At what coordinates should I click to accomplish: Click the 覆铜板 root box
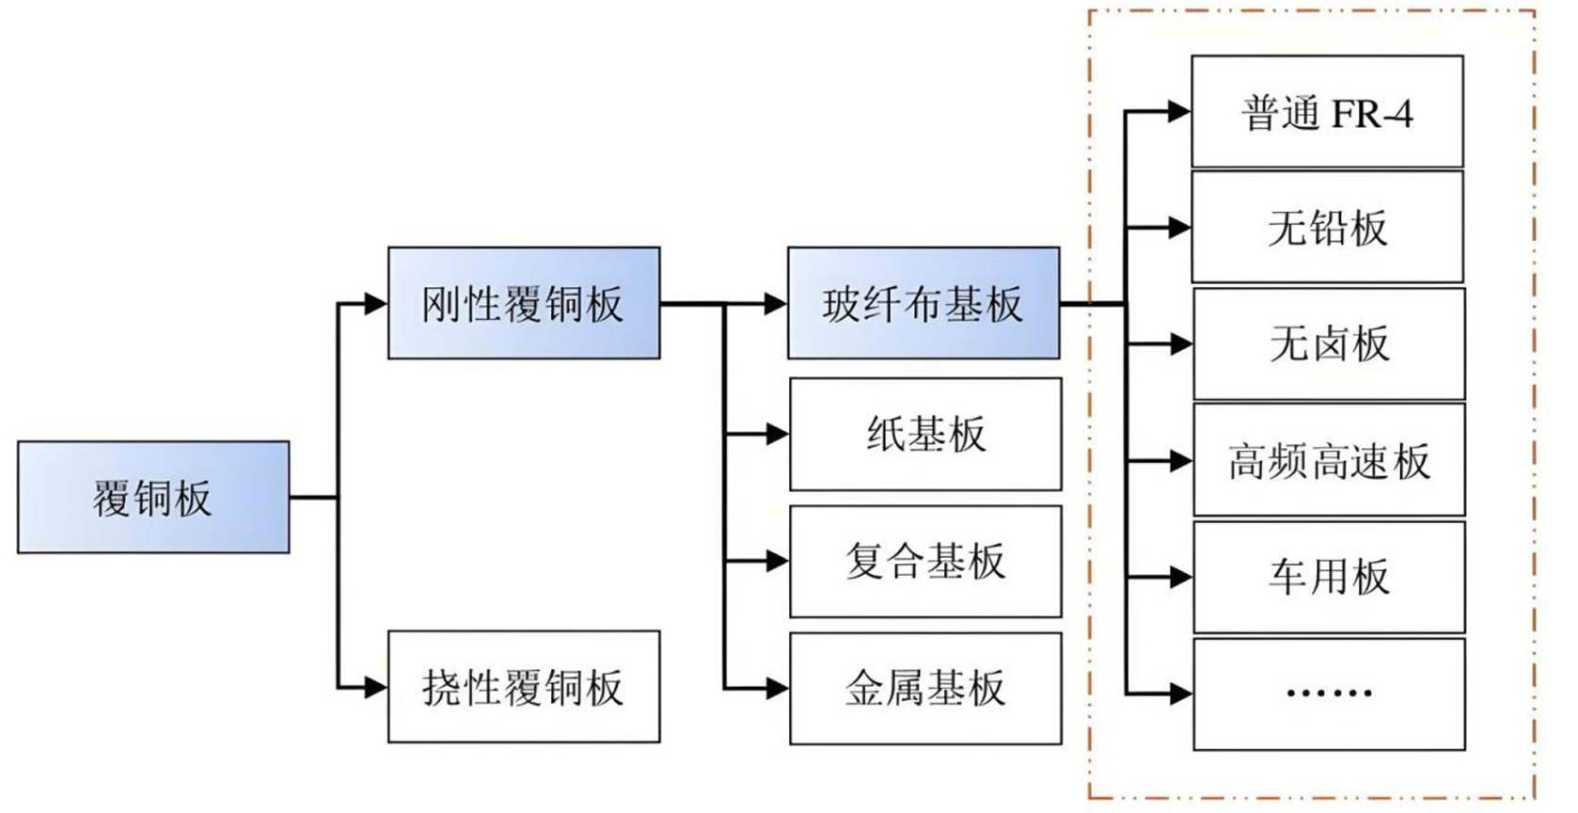click(153, 497)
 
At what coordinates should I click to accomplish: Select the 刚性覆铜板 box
click(524, 303)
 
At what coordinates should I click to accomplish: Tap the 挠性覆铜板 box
click(524, 687)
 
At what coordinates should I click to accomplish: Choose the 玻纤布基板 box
click(923, 303)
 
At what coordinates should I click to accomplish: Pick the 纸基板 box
click(925, 434)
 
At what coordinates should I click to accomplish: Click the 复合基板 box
click(925, 562)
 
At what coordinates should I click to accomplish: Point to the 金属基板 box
click(925, 689)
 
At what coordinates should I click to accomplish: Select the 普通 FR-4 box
click(1327, 112)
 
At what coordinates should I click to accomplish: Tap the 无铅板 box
click(1327, 227)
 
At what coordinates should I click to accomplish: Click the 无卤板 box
click(1329, 343)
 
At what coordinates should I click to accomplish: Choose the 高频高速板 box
click(1329, 460)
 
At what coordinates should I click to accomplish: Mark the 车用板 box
click(1329, 576)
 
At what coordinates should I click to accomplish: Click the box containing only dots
click(1329, 694)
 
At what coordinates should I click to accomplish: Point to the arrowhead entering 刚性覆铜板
click(376, 303)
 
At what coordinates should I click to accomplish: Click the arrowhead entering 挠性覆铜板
click(376, 688)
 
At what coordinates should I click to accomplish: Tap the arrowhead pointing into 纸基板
click(778, 434)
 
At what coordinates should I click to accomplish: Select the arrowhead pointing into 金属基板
click(778, 689)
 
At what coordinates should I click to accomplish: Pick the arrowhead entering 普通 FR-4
click(1179, 112)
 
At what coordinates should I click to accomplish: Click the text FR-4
click(1372, 114)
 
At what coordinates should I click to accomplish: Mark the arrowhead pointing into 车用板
click(1181, 577)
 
